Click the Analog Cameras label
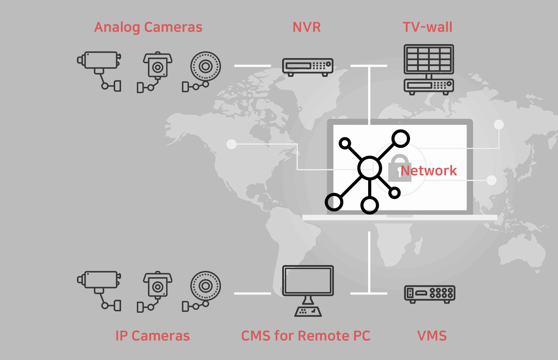coord(148,27)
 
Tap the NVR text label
coord(306,27)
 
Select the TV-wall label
coord(427,27)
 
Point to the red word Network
coord(428,171)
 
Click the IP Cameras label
coord(153,336)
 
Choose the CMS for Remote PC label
coord(306,336)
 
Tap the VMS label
coord(432,336)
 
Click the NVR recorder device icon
coord(308,66)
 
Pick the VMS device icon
coord(429,293)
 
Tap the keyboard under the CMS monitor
coord(308,310)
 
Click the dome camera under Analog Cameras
coord(205,67)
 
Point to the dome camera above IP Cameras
coord(205,286)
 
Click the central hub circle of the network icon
coord(369,168)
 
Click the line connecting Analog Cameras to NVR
coord(252,66)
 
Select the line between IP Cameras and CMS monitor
coord(252,293)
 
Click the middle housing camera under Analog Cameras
coord(157,67)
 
